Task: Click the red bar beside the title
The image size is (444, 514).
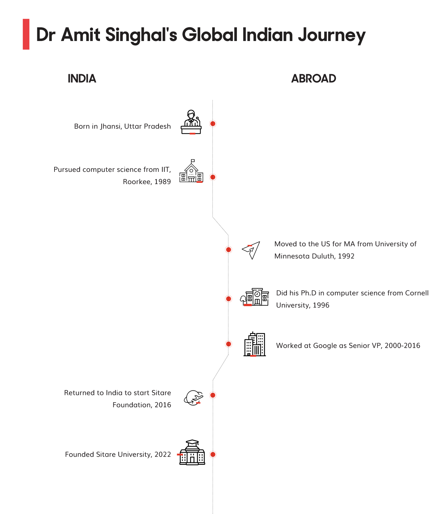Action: tap(26, 34)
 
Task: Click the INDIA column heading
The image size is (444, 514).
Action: tap(82, 79)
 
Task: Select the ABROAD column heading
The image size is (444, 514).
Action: tap(314, 79)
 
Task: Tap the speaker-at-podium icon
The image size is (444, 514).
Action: tap(191, 122)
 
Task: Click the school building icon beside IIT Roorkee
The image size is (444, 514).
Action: tap(191, 171)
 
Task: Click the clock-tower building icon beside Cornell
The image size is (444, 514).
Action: tap(254, 297)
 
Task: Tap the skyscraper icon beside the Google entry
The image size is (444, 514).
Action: tap(254, 344)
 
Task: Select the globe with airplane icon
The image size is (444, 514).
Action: tap(194, 398)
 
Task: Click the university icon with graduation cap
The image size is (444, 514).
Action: tap(192, 452)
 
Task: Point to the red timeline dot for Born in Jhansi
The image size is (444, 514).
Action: tap(213, 124)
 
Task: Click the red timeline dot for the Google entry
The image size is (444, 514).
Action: tap(228, 344)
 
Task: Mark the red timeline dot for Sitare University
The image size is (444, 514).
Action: tap(213, 454)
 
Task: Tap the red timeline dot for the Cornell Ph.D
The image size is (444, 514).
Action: tap(228, 299)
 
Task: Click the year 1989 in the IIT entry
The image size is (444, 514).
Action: tap(162, 182)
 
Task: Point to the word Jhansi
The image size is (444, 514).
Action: tap(111, 126)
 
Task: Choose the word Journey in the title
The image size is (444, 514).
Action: tap(332, 35)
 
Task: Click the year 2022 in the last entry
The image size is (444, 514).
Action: tap(163, 455)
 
